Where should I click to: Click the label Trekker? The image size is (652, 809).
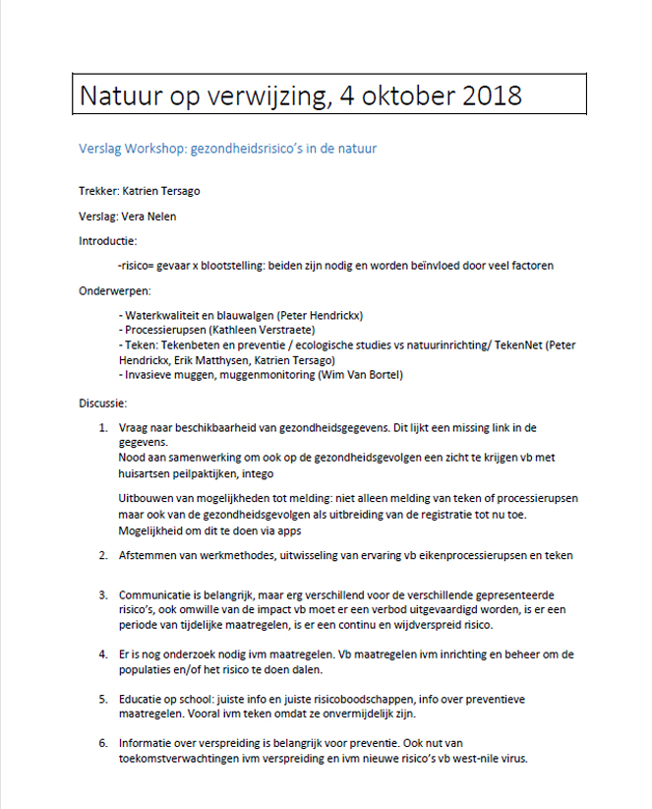99,191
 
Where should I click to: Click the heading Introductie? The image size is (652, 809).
107,241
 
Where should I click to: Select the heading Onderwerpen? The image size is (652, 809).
114,291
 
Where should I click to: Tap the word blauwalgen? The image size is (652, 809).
246,315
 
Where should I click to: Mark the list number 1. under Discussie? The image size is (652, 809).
103,429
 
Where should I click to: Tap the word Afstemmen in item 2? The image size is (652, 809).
149,556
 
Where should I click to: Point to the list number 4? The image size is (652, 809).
103,654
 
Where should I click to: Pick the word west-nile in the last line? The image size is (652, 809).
475,758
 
